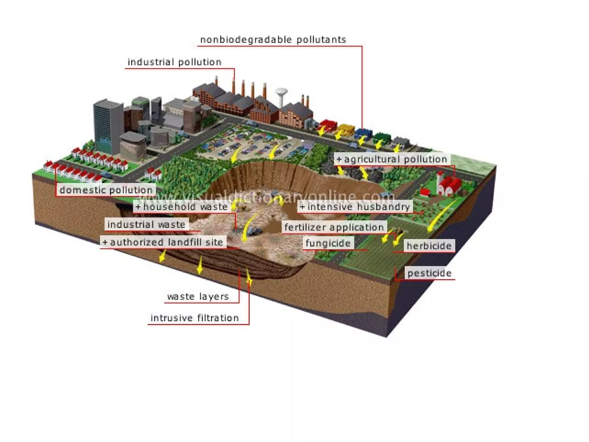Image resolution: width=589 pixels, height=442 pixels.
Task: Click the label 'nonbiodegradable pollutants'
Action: point(273,40)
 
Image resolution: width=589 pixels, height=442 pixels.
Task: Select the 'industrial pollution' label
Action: point(175,62)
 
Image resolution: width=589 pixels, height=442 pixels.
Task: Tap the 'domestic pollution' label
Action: point(106,190)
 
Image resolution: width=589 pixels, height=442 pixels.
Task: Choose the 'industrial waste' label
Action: point(146,224)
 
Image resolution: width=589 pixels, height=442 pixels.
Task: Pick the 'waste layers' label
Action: point(198,296)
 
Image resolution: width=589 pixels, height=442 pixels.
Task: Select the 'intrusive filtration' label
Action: point(195,318)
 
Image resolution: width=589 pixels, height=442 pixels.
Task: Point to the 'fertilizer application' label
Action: point(334,227)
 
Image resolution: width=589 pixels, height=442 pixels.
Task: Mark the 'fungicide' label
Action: point(328,243)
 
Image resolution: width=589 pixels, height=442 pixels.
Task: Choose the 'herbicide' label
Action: point(429,246)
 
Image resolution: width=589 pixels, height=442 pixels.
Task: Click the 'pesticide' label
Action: point(429,273)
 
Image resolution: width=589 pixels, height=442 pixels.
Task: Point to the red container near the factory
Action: point(328,125)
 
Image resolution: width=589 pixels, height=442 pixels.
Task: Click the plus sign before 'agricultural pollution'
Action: point(339,159)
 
